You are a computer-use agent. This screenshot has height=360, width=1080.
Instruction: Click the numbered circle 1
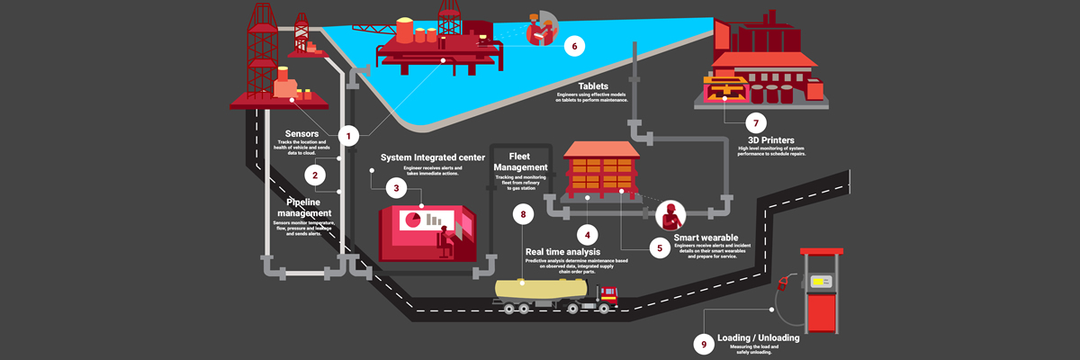pos(349,136)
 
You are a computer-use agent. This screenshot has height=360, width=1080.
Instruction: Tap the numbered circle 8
pos(522,214)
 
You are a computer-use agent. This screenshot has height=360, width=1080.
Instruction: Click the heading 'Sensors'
pos(301,134)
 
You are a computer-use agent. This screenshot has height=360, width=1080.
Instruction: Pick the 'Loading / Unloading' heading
pos(758,338)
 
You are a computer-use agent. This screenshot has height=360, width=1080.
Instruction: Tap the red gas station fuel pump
pos(822,288)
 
